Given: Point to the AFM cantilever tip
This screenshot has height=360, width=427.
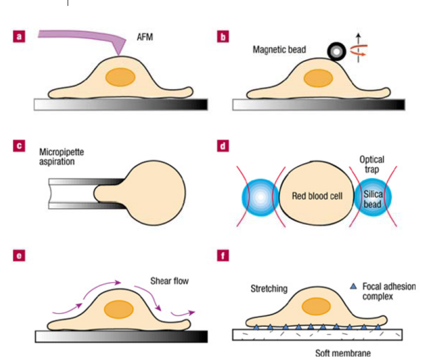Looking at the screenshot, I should (x=120, y=55).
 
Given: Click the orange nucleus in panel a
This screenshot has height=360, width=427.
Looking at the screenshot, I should (x=120, y=78).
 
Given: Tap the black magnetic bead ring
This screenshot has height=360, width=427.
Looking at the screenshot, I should (x=335, y=52).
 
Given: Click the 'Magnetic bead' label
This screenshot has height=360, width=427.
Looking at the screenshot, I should (x=279, y=51).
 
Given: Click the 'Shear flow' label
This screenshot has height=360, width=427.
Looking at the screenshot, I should (x=171, y=280).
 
